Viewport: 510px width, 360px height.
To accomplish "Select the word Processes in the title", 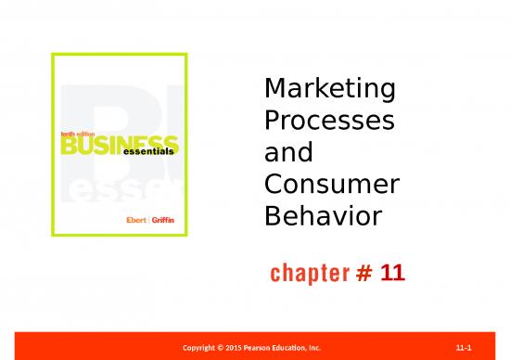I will click(329, 122).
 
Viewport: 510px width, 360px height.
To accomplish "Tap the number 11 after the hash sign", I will click(393, 275).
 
